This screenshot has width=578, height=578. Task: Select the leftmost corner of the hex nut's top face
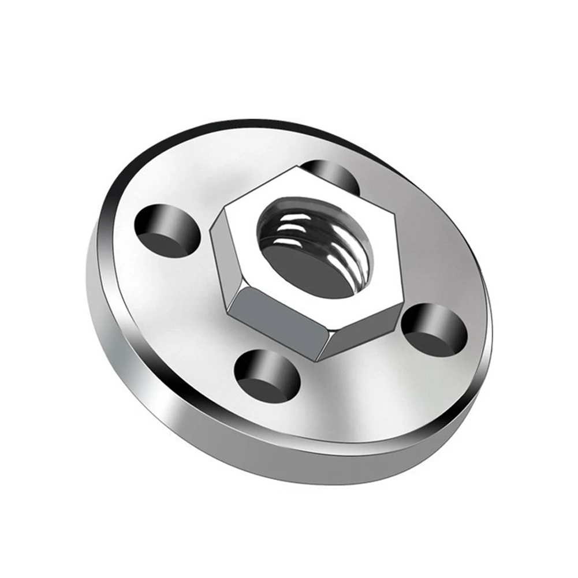point(212,226)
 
